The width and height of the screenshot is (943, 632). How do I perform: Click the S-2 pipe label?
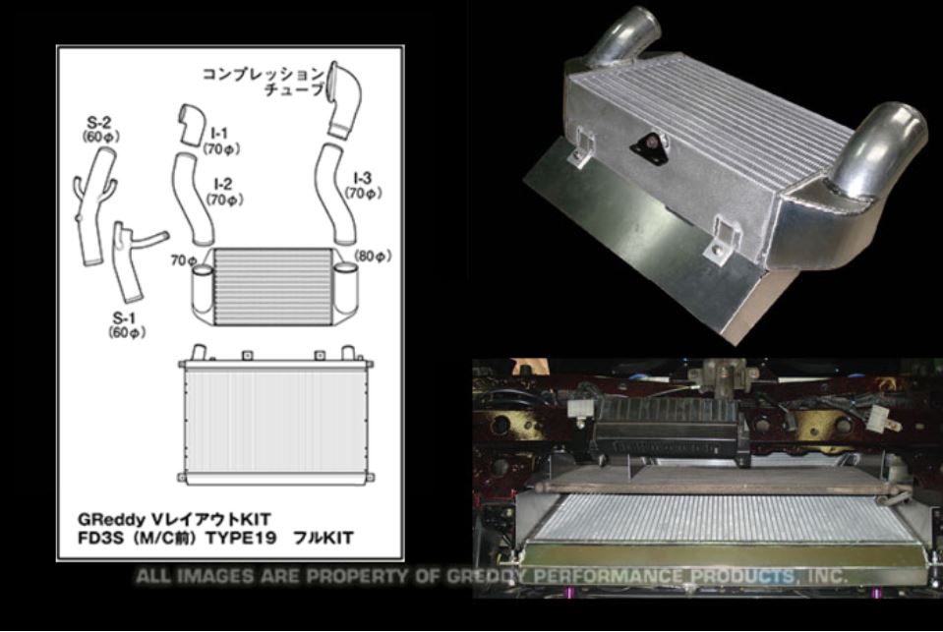point(100,123)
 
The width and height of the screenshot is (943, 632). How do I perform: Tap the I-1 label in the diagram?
point(220,133)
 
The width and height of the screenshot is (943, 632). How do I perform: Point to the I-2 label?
point(222,184)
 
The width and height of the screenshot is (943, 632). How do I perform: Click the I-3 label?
point(362,178)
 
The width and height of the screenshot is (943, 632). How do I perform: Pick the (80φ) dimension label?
point(373,257)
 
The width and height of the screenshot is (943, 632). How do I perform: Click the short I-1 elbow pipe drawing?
point(192,125)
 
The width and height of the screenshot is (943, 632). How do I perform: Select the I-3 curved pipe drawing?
point(335,194)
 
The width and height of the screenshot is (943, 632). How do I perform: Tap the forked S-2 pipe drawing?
point(95,204)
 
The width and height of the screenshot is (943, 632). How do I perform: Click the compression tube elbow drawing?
point(343,100)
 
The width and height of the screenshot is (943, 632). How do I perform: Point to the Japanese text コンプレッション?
point(263,74)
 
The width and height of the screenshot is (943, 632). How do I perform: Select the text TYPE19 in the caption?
point(241,538)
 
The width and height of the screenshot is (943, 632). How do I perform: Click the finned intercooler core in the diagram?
point(272,287)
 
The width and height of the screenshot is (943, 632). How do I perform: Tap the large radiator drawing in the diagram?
point(276,420)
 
